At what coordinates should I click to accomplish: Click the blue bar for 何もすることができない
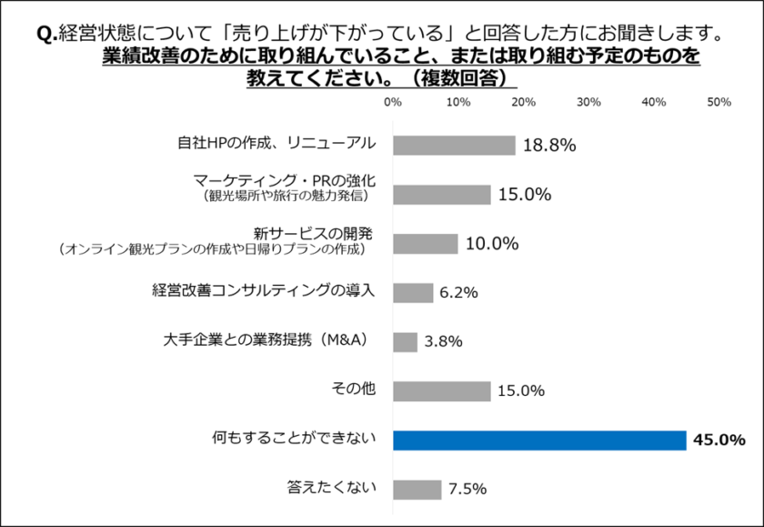pos(539,441)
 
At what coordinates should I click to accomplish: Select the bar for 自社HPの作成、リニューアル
pos(454,146)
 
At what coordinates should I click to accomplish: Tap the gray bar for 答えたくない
pos(417,490)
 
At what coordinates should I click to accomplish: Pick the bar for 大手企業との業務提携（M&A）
pos(405,342)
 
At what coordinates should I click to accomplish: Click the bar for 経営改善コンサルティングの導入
pos(413,293)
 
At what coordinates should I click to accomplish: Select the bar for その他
pos(441,391)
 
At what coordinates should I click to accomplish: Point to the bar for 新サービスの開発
pos(425,244)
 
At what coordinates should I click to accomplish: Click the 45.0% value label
pos(719,441)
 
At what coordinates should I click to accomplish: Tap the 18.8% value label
pos(548,146)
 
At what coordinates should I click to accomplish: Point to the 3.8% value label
pos(443,342)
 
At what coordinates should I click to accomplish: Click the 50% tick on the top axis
pos(719,102)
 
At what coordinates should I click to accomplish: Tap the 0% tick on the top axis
pos(393,102)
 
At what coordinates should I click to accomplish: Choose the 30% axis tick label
pos(588,102)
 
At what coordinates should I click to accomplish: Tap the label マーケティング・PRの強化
pos(284,179)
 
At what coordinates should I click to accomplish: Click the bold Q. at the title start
pos(46,34)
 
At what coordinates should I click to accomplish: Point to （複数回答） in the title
pos(460,78)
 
